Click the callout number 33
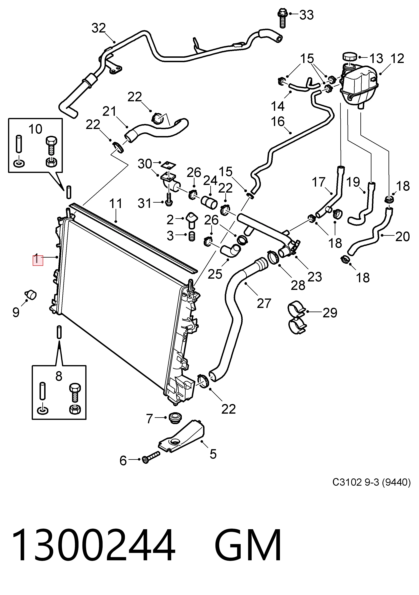(x=306, y=15)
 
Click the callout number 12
(x=397, y=59)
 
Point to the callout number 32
(x=99, y=28)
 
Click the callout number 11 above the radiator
(x=116, y=204)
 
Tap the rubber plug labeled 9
(x=31, y=294)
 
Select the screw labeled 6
(x=151, y=459)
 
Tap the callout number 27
(x=264, y=303)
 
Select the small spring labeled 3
(x=191, y=236)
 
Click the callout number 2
(x=170, y=220)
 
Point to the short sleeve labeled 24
(x=209, y=203)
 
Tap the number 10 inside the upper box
(x=35, y=129)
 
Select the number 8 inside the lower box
(x=59, y=376)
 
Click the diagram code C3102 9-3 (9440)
(x=372, y=482)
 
